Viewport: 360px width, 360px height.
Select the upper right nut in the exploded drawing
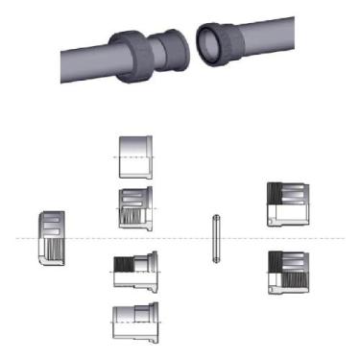[287, 204]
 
